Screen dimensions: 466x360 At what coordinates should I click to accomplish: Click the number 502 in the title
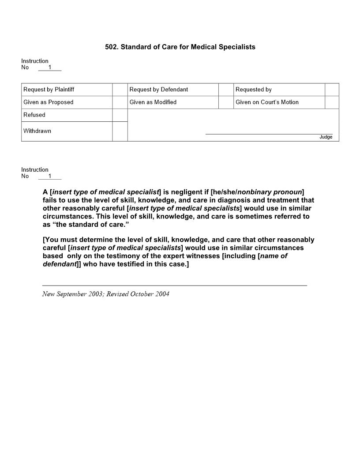[111, 47]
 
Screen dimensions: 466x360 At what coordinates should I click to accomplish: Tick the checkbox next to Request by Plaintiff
[120, 90]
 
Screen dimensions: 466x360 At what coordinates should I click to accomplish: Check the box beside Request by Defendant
[226, 90]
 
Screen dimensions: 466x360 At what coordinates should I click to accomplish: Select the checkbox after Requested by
[332, 90]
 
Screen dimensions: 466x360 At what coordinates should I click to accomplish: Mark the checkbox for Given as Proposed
[120, 102]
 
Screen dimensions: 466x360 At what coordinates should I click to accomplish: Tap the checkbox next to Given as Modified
[226, 102]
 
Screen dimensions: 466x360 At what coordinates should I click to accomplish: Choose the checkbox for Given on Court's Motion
[332, 102]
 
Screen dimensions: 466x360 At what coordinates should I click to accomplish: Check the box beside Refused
[120, 115]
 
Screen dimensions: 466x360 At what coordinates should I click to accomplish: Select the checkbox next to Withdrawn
[120, 131]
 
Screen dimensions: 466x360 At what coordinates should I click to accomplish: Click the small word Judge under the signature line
[326, 137]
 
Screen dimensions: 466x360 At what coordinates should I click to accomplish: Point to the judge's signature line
[269, 133]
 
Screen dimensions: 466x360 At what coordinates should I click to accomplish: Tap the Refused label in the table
[34, 115]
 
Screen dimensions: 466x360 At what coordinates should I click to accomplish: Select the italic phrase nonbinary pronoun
[270, 192]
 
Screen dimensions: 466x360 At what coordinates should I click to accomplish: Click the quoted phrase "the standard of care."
[90, 225]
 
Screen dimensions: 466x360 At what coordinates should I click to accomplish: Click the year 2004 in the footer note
[162, 294]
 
